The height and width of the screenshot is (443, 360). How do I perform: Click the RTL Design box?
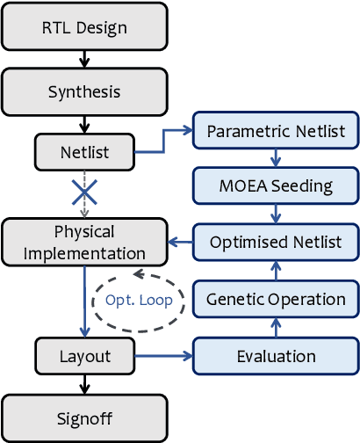click(x=84, y=27)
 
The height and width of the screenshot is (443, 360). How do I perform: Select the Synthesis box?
click(x=84, y=91)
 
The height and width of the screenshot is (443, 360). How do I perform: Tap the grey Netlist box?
click(x=84, y=152)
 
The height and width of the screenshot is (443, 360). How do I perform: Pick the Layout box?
click(x=84, y=356)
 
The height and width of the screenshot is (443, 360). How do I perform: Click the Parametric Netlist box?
click(x=276, y=133)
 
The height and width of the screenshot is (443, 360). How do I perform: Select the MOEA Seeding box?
click(x=276, y=186)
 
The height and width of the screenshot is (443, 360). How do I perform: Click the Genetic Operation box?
click(x=276, y=299)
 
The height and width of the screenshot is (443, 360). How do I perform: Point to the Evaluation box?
click(x=276, y=356)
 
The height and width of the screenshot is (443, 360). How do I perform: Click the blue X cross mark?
click(x=84, y=191)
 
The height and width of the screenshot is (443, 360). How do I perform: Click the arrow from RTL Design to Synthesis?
click(x=84, y=59)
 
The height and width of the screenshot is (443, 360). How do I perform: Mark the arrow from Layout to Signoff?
click(x=84, y=385)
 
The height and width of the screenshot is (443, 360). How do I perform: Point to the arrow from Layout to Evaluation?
click(x=162, y=356)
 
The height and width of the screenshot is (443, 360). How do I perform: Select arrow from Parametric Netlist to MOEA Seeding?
click(x=276, y=159)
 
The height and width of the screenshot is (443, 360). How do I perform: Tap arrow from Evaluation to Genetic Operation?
click(x=276, y=328)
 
